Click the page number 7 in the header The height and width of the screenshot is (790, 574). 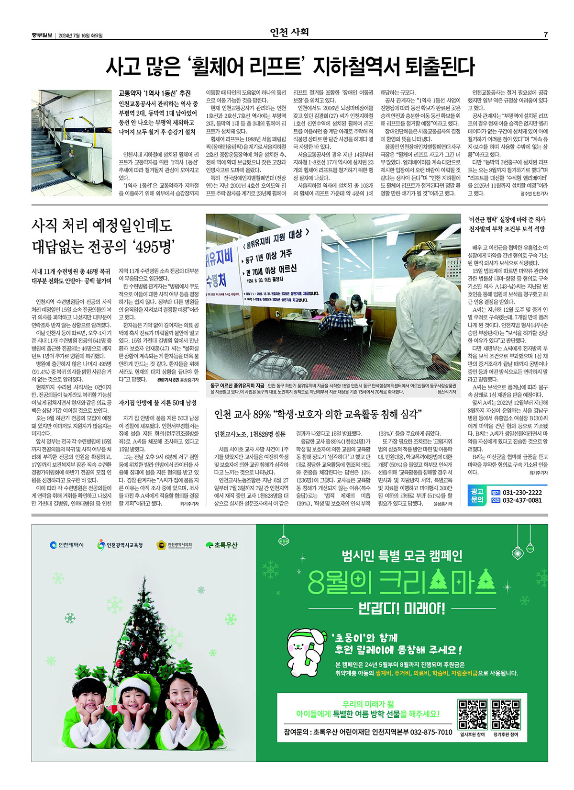[545, 35]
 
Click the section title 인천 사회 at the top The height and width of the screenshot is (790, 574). [289, 33]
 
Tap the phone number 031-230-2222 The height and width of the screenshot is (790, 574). [523, 492]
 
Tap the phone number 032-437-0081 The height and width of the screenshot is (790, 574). [523, 500]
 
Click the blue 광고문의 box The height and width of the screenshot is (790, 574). [477, 496]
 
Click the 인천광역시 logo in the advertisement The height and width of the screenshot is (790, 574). [67, 545]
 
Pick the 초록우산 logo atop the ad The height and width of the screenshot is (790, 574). [221, 545]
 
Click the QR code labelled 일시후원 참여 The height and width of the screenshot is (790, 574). [473, 714]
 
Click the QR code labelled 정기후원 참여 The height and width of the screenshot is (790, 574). [506, 714]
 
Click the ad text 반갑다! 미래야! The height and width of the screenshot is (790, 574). [402, 609]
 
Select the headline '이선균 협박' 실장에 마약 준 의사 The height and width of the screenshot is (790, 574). [507, 219]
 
